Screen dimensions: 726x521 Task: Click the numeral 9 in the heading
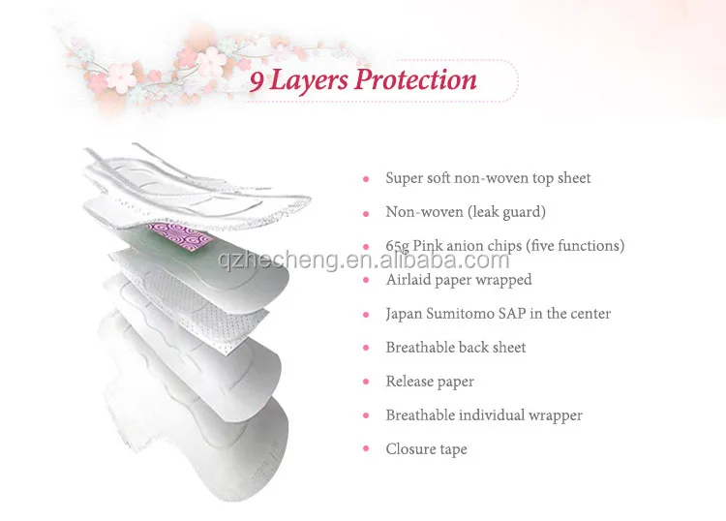[257, 80]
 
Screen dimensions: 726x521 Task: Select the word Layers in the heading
[309, 79]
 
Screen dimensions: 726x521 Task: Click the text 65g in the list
[397, 246]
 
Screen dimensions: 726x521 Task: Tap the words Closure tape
[426, 449]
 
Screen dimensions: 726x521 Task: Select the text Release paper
[430, 382]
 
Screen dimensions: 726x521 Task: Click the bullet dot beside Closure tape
[366, 450]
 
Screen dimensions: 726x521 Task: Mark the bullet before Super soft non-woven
[366, 179]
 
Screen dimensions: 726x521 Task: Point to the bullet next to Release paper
[366, 383]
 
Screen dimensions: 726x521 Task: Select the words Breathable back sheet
[456, 348]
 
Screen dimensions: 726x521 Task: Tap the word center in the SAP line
[589, 314]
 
